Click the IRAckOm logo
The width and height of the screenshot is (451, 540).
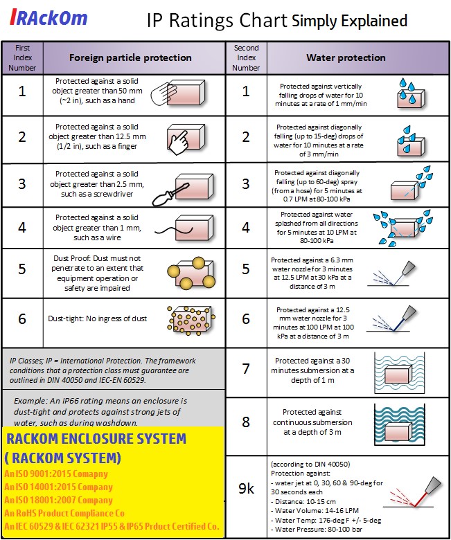(x=49, y=18)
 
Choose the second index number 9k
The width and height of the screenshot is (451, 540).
(x=246, y=488)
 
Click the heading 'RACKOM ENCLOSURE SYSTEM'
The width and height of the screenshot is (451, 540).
(x=96, y=438)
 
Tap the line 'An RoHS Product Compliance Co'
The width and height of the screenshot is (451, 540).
(x=64, y=513)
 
